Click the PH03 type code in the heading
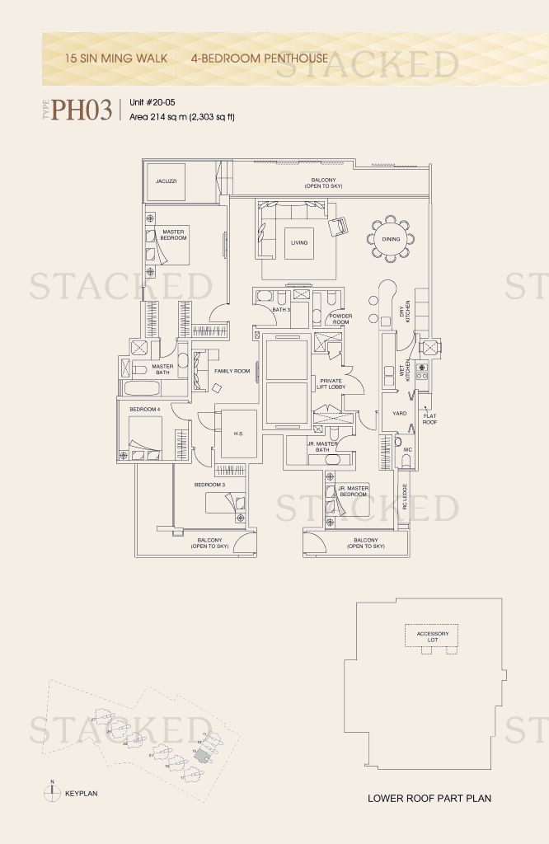point(82,110)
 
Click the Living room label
point(298,242)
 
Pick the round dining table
point(390,239)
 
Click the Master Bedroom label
point(173,235)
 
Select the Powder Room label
point(340,318)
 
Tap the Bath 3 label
point(282,309)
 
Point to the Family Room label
point(232,372)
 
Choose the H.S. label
point(237,434)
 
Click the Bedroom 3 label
point(210,485)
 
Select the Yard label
point(399,414)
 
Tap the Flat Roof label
point(429,419)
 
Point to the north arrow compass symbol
point(52,792)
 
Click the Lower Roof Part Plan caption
point(429,799)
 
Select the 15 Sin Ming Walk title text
point(116,59)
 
